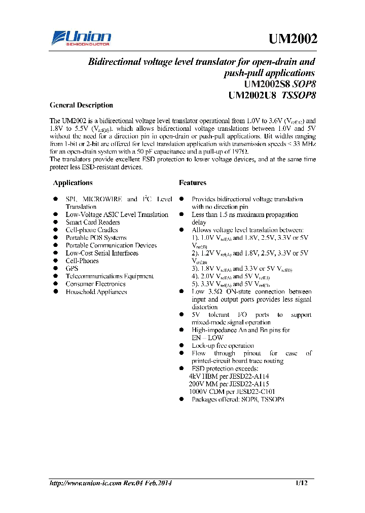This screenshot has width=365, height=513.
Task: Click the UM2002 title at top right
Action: pos(293,39)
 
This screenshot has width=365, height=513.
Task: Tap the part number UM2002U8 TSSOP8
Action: pos(272,95)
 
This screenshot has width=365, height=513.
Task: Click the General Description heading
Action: pos(81,105)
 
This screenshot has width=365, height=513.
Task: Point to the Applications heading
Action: pos(73,182)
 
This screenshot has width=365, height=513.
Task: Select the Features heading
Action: pos(193,182)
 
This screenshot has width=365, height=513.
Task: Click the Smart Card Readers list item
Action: pos(93,222)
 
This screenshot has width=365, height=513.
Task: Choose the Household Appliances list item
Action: pos(96,291)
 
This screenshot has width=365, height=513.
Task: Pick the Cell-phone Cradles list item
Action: pos(92,230)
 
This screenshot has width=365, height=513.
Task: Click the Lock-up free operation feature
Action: pos(223,345)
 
